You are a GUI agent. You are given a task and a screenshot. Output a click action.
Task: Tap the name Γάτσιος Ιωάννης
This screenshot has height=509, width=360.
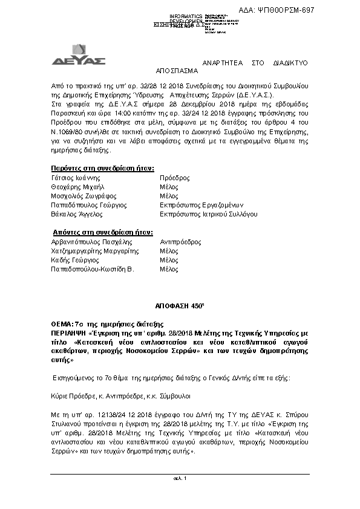coord(76,178)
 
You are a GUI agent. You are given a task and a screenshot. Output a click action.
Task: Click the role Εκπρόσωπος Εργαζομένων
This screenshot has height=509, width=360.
coord(199,206)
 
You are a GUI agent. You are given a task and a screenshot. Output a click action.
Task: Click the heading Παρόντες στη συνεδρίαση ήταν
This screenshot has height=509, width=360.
coord(102,167)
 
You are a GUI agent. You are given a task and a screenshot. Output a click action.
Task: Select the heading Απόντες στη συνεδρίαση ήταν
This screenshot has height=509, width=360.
coord(102,232)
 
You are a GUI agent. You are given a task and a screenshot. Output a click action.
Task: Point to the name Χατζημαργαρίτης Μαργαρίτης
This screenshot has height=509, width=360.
coord(95,250)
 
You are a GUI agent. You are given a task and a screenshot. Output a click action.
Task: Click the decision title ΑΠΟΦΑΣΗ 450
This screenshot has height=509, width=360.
coord(180,306)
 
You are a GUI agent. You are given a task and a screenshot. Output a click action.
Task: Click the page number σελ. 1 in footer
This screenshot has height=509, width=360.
coord(180,479)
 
